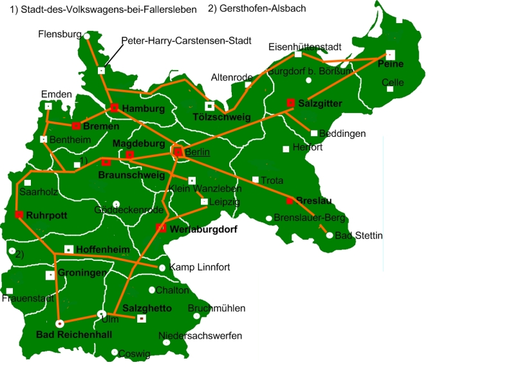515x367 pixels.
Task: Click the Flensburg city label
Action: (60, 33)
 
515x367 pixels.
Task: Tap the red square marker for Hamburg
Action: (114, 107)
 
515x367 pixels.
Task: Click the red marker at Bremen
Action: (76, 126)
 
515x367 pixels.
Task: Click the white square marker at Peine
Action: (390, 54)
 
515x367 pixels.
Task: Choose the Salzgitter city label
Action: (320, 103)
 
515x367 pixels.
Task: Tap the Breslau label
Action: (314, 201)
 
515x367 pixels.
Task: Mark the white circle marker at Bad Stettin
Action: (330, 236)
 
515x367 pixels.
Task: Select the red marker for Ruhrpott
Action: (19, 215)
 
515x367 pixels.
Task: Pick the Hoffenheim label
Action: (103, 249)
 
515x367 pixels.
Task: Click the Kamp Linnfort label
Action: (200, 267)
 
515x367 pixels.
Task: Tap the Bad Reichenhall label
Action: (74, 335)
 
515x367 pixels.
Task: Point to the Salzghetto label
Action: (147, 309)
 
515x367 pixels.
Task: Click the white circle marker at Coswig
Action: (114, 352)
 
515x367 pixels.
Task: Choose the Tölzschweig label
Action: (221, 117)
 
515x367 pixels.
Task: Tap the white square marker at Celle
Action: (390, 89)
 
